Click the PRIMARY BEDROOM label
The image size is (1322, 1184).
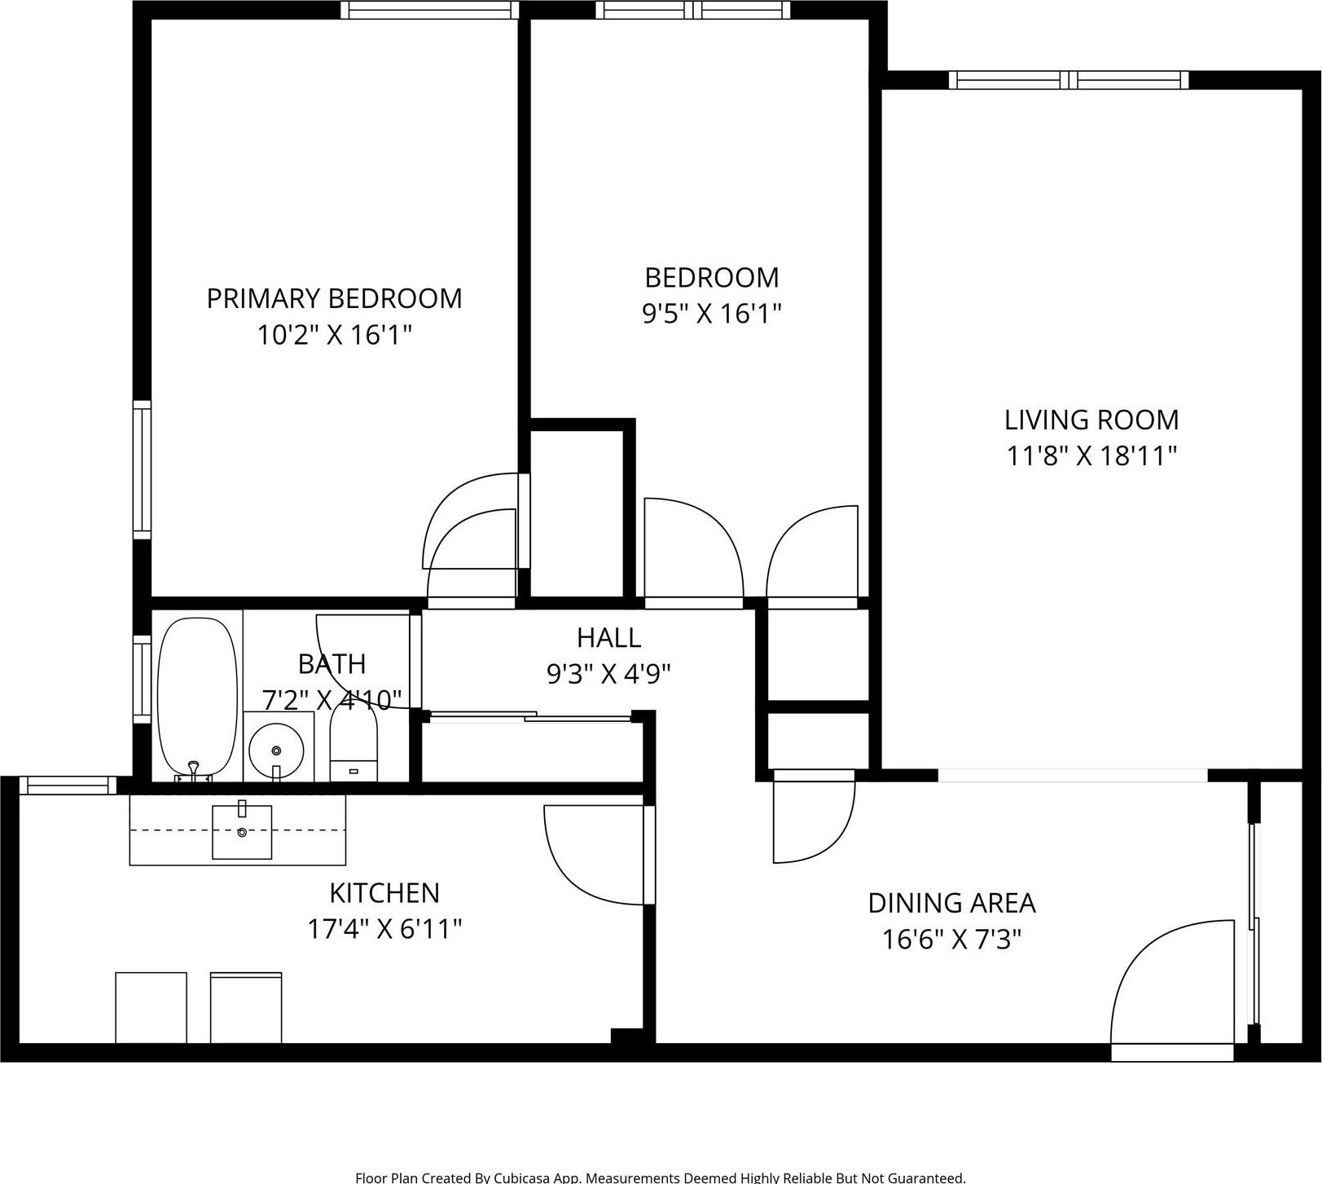pos(334,298)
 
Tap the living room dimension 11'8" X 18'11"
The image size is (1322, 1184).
pos(1091,456)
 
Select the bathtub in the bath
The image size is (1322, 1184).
pos(197,697)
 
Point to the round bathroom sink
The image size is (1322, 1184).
pos(276,749)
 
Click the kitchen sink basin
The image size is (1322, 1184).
pos(242,832)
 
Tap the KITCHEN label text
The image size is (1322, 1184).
pos(384,893)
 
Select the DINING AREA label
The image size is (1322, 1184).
pos(951,903)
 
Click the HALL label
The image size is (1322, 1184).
pos(608,636)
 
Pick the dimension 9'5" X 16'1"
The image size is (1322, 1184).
pos(712,313)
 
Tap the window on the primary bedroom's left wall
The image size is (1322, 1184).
pos(143,469)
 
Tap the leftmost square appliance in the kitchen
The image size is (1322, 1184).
pos(151,1007)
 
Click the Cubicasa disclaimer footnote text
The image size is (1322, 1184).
pos(660,1177)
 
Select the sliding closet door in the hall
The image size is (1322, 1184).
pos(529,717)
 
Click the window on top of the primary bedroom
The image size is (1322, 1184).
pos(429,10)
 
